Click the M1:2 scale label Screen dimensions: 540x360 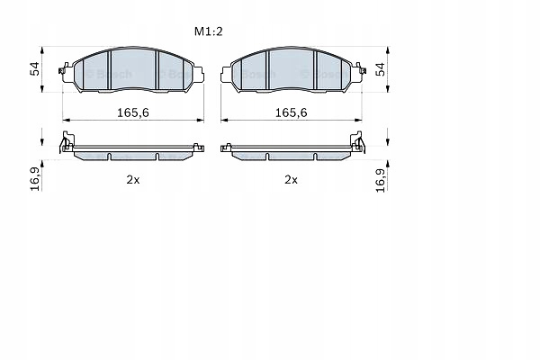[209, 31]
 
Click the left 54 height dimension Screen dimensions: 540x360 [35, 69]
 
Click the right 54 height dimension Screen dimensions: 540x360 [380, 69]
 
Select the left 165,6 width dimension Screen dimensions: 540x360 [133, 112]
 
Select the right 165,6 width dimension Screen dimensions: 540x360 [291, 112]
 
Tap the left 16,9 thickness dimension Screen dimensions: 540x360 [35, 179]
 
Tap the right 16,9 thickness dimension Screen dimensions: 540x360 [381, 180]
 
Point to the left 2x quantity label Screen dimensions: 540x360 [133, 179]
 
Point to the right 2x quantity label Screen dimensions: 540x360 [291, 179]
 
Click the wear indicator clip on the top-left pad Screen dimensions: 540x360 [64, 69]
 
